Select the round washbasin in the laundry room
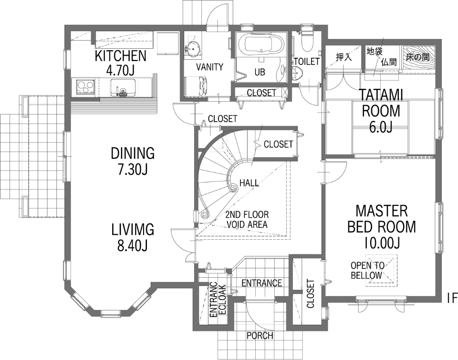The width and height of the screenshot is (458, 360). pos(193,49)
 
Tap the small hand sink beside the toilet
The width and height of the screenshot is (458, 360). pos(298,72)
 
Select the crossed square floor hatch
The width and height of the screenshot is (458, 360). pos(381,271)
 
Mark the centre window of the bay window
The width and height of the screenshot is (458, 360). pos(111,313)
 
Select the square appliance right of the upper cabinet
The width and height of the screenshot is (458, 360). pos(167,43)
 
